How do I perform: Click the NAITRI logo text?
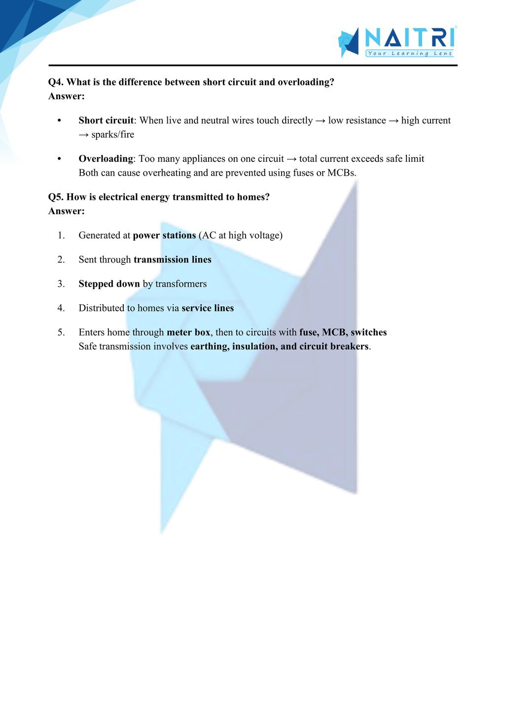pos(410,38)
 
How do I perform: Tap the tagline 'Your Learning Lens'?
pos(409,53)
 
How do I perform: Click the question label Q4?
pos(56,82)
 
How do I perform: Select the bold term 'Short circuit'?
pos(106,120)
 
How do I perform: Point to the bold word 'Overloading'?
pos(106,158)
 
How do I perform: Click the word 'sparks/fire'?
pos(112,134)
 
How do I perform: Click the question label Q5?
pos(56,197)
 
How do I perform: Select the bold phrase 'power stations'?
pos(164,235)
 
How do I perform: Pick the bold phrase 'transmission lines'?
pos(172,260)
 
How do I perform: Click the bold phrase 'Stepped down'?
pos(109,284)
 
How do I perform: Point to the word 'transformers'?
pos(181,284)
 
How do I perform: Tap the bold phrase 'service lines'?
pos(208,308)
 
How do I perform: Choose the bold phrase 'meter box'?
pos(188,332)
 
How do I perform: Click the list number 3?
pos(61,284)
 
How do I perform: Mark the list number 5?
pos(61,332)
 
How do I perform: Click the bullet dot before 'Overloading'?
pos(59,159)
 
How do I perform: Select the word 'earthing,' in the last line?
pos(210,346)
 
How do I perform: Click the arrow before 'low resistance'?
pos(321,120)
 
